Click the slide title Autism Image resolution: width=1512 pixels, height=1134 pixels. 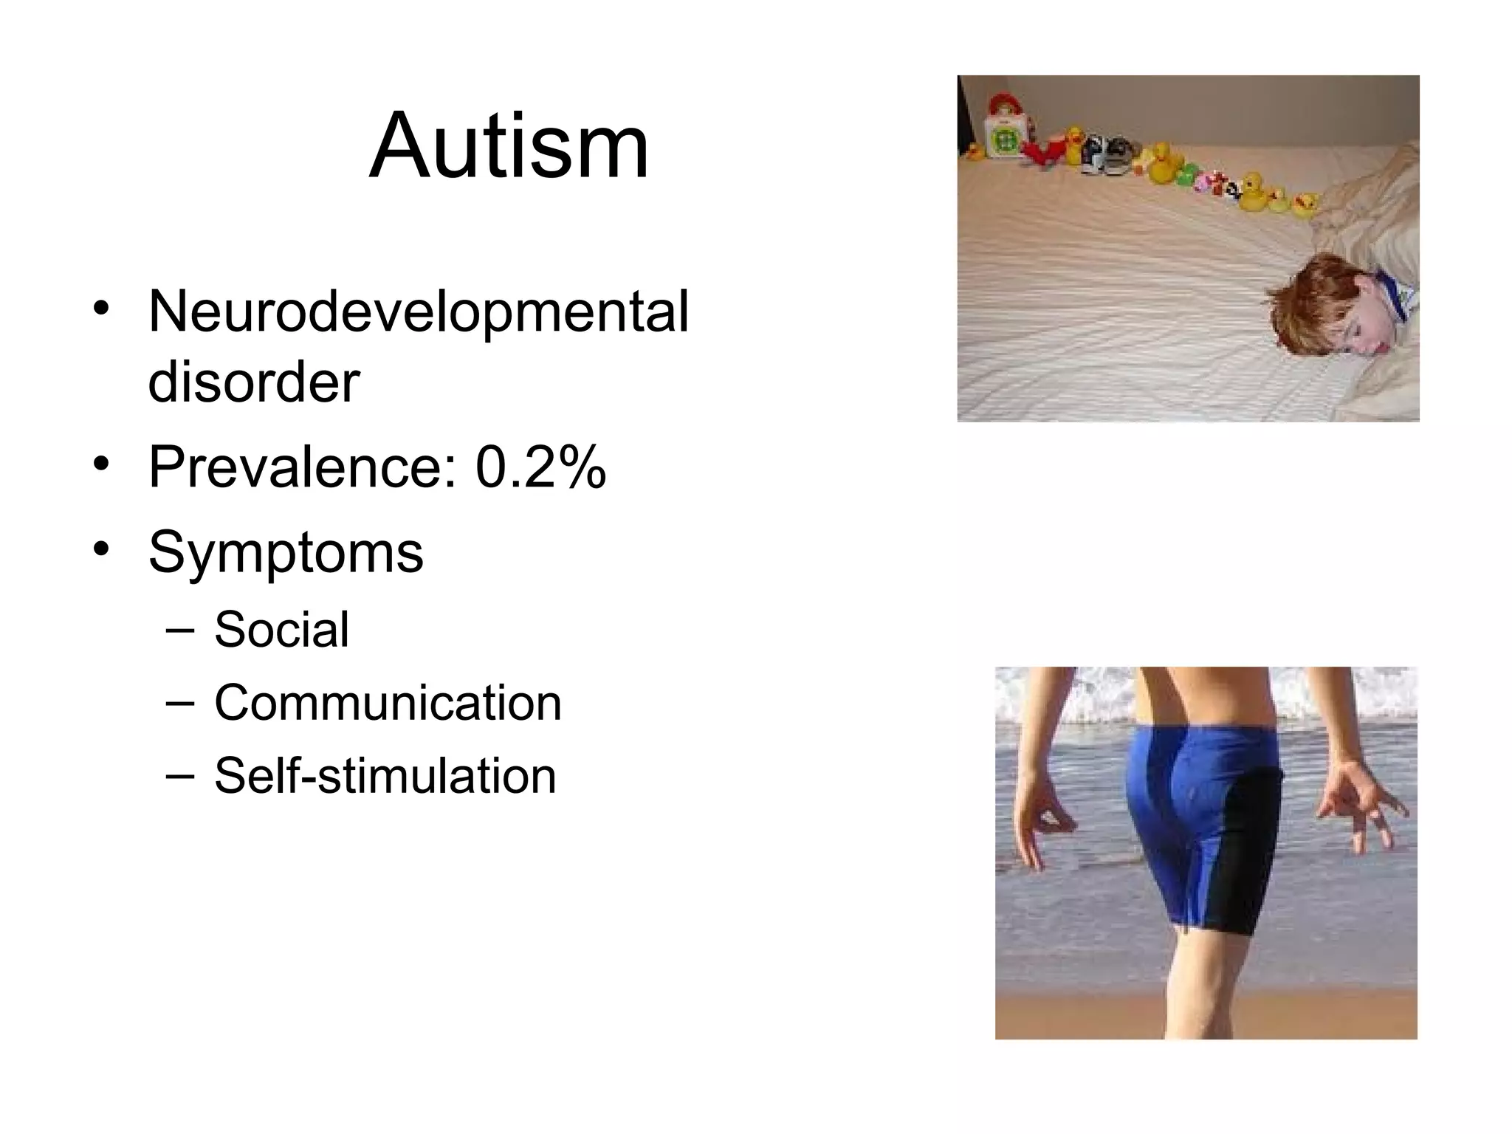(x=509, y=145)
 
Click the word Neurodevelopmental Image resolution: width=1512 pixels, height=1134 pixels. (x=418, y=312)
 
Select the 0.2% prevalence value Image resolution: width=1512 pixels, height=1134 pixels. (x=540, y=467)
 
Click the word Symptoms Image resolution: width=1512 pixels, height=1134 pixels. (x=286, y=551)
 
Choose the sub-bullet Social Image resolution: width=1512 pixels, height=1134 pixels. (x=281, y=630)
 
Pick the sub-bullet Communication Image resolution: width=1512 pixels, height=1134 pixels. (x=388, y=703)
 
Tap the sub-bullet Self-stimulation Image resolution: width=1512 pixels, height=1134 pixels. (x=385, y=776)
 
